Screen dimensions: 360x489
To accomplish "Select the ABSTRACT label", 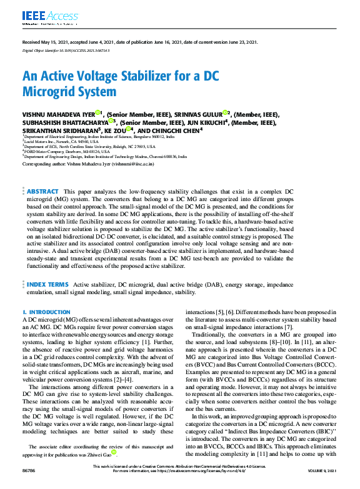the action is coord(42,191).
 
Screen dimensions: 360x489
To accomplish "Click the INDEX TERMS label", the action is coord(47,284).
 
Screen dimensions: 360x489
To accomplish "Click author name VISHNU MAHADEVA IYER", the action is coord(58,114).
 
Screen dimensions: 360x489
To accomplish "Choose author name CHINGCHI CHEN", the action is coord(186,131).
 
